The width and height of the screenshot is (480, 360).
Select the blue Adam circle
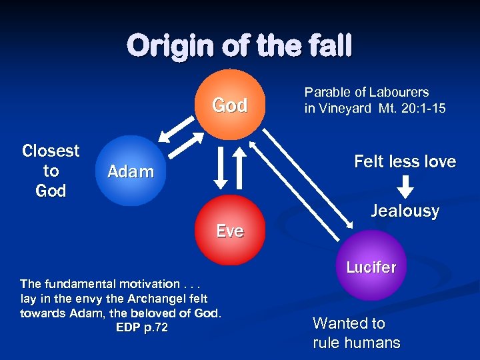click(131, 171)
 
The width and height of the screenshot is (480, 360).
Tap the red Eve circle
click(230, 230)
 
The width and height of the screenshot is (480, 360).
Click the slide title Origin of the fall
click(239, 47)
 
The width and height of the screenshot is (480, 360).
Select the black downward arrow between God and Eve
click(221, 167)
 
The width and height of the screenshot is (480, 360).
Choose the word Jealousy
click(405, 211)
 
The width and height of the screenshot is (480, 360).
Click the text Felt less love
click(405, 161)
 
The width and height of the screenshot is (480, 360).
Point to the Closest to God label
click(51, 171)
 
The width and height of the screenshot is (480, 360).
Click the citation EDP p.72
click(141, 327)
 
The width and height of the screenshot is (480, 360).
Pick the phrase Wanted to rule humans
click(356, 333)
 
